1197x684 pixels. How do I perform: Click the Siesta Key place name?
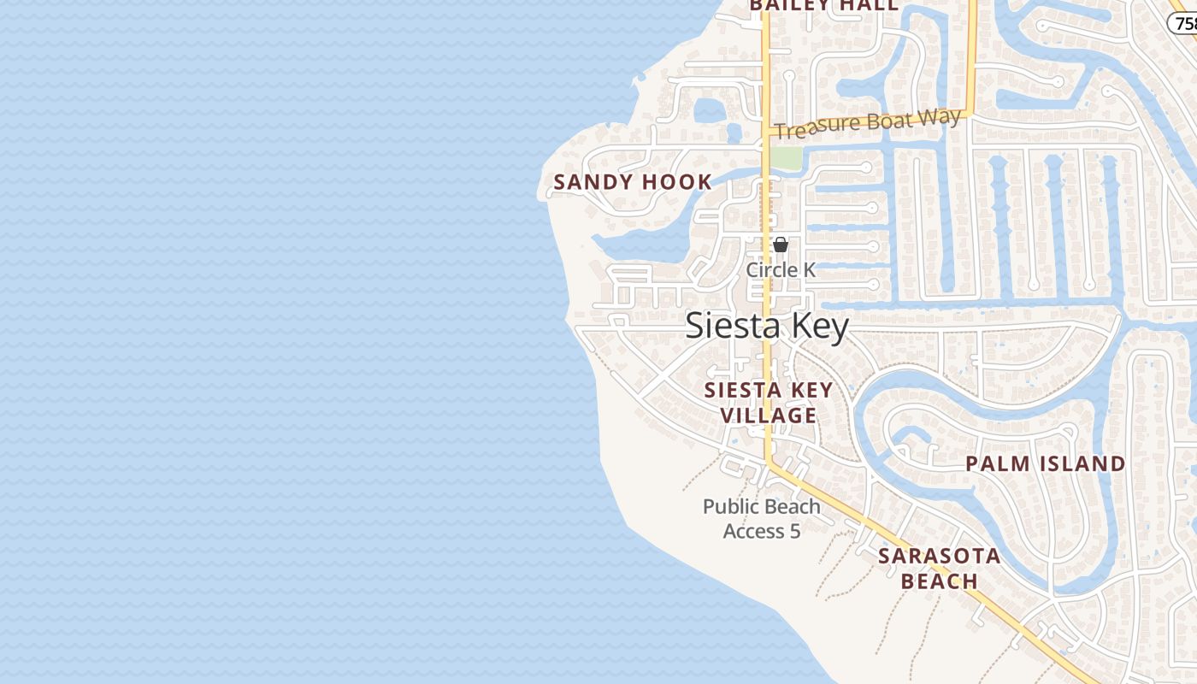pyautogui.click(x=767, y=327)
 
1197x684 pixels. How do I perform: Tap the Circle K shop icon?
pyautogui.click(x=781, y=245)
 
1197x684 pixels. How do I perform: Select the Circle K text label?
pyautogui.click(x=781, y=270)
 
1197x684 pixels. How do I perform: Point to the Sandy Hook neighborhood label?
pyautogui.click(x=633, y=182)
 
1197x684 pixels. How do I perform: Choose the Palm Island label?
pyautogui.click(x=1045, y=464)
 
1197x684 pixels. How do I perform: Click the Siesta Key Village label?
pyautogui.click(x=768, y=403)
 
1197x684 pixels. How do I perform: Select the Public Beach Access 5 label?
pyautogui.click(x=761, y=518)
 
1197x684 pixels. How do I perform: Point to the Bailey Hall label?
pyautogui.click(x=824, y=6)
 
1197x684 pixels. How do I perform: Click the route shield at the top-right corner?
pyautogui.click(x=1185, y=23)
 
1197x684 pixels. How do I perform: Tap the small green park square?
pyautogui.click(x=786, y=158)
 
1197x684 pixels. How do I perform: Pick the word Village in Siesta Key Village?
pyautogui.click(x=768, y=416)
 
